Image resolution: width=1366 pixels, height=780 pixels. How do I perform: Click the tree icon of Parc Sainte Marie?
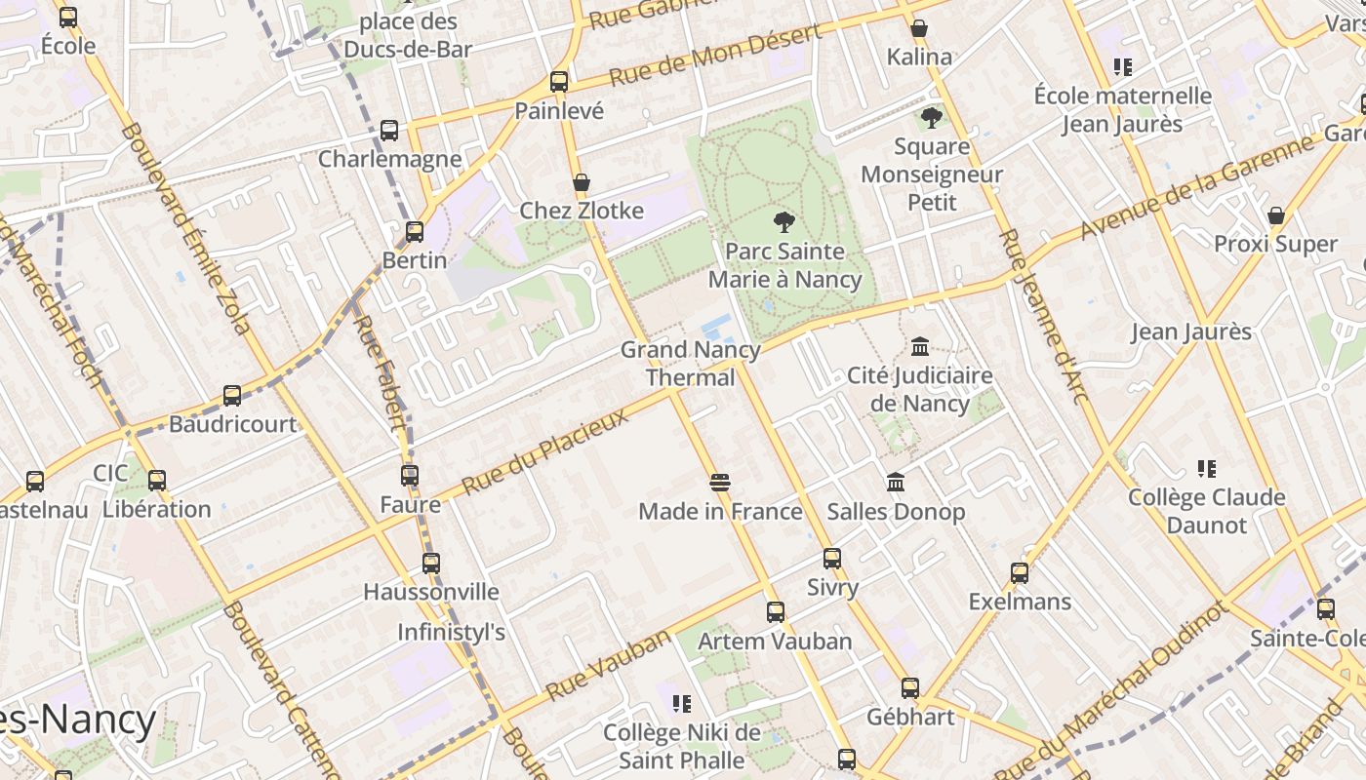(783, 221)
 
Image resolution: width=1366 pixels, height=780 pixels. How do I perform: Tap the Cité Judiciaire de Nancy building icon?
(919, 346)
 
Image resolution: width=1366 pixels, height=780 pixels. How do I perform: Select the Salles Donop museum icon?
(896, 482)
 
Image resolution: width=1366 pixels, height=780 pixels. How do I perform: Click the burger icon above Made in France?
(720, 482)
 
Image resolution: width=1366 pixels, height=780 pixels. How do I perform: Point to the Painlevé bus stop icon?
(559, 82)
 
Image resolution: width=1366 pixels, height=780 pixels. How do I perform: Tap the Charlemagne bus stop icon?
(389, 130)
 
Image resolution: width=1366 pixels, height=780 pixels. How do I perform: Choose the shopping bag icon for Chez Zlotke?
(582, 182)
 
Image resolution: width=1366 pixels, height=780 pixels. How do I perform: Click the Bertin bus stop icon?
(415, 231)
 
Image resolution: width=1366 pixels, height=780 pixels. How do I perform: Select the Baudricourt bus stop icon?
(232, 395)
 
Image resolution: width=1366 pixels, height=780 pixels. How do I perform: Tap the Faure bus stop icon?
(410, 476)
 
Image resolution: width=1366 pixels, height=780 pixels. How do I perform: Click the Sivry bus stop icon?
(832, 559)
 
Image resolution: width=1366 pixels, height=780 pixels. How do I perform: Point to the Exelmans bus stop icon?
(1020, 572)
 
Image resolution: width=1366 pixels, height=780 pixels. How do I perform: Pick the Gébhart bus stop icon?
(910, 688)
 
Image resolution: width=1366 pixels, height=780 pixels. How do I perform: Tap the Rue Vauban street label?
(609, 665)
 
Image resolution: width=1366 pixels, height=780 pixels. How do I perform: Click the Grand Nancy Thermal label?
(691, 363)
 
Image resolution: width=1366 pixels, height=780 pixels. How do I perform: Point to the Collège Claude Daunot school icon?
(1207, 469)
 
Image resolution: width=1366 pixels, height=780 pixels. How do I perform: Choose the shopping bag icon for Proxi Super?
(1275, 215)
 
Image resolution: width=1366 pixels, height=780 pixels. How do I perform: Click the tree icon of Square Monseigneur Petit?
(932, 118)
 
